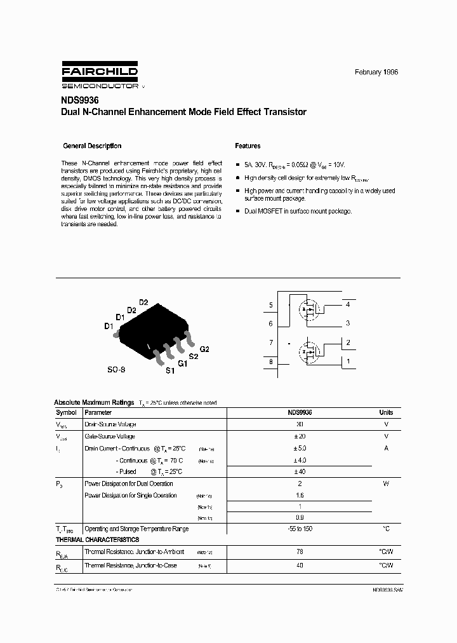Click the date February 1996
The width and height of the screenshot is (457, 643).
pyautogui.click(x=376, y=72)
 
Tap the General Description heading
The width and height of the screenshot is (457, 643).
pyautogui.click(x=92, y=146)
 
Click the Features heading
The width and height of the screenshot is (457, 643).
pyautogui.click(x=248, y=146)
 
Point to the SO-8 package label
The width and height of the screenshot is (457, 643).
pyautogui.click(x=116, y=369)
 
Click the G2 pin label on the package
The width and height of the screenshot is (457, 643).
pyautogui.click(x=204, y=349)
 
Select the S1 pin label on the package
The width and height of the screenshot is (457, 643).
pyautogui.click(x=169, y=370)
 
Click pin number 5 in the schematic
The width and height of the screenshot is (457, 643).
pyautogui.click(x=270, y=306)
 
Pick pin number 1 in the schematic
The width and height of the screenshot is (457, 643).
pyautogui.click(x=348, y=362)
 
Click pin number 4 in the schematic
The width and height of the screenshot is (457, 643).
pyautogui.click(x=348, y=305)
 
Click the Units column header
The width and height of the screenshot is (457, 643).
pyautogui.click(x=386, y=412)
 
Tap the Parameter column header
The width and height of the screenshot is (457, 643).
pyautogui.click(x=98, y=412)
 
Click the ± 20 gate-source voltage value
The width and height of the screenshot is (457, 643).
pyautogui.click(x=300, y=437)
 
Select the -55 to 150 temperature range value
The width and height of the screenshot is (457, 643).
pyautogui.click(x=300, y=529)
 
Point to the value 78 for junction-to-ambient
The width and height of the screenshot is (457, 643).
pyautogui.click(x=300, y=552)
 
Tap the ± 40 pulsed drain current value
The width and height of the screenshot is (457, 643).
pyautogui.click(x=300, y=471)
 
